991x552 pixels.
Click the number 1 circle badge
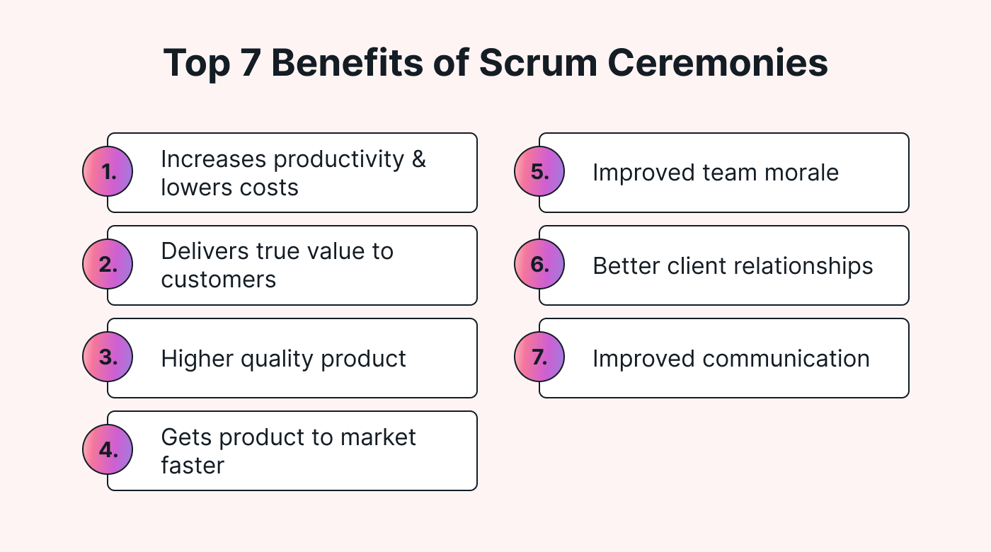click(108, 172)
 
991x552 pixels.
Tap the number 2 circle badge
click(108, 265)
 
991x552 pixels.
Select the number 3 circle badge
click(108, 357)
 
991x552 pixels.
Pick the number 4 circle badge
click(108, 450)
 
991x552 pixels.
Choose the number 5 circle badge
click(539, 172)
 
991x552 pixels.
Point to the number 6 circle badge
click(539, 265)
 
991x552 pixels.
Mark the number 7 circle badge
click(539, 357)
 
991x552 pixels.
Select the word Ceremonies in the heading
click(718, 64)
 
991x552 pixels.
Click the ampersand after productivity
click(418, 159)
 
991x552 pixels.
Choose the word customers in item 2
click(218, 280)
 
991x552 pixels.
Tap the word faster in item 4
click(192, 466)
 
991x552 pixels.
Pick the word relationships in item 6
click(786, 266)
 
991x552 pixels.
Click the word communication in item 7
click(786, 359)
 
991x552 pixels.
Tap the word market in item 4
click(378, 437)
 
